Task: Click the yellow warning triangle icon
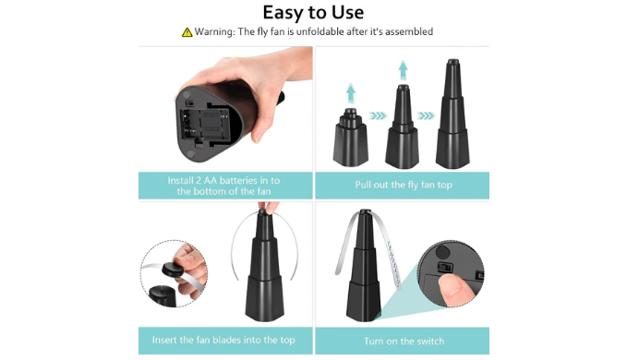(187, 32)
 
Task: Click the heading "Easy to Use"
(313, 12)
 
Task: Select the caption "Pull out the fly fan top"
(404, 185)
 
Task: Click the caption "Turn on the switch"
(404, 342)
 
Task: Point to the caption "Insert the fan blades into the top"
(223, 340)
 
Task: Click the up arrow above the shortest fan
(351, 93)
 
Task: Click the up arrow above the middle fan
(403, 70)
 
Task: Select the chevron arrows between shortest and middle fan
(378, 116)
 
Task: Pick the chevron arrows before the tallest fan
(426, 116)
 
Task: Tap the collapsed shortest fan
(350, 137)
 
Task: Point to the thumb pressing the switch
(456, 287)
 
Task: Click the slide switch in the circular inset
(445, 267)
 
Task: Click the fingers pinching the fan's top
(269, 207)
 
